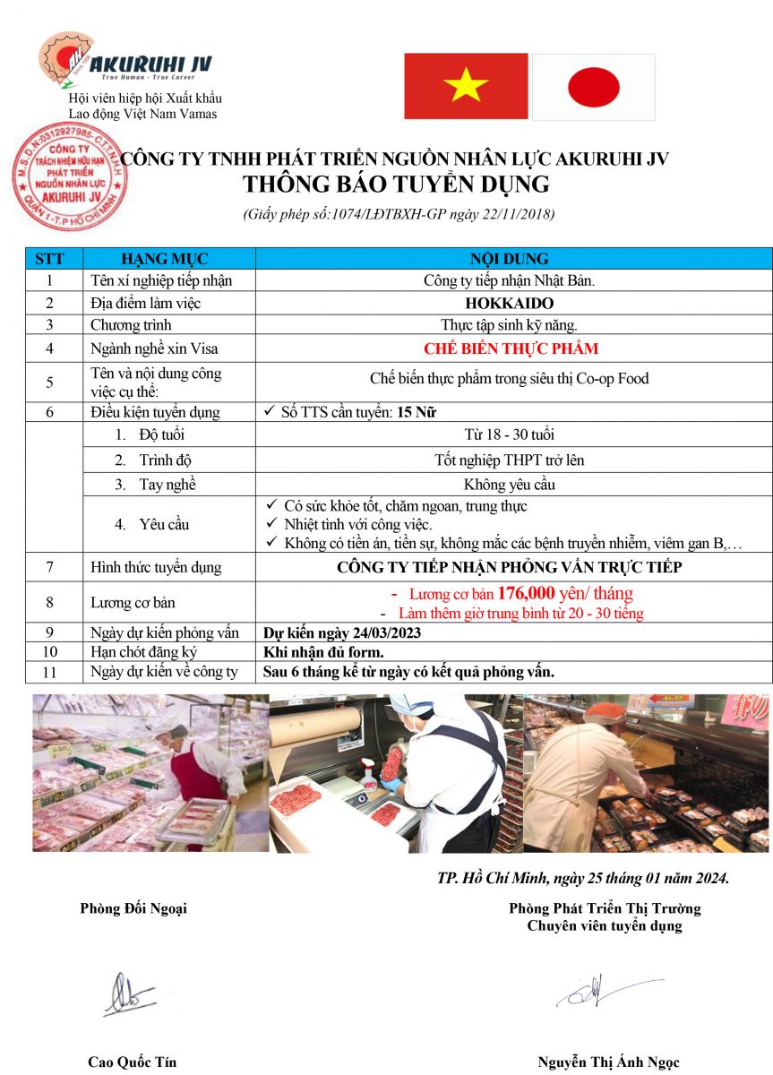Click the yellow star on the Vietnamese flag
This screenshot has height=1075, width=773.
pyautogui.click(x=466, y=86)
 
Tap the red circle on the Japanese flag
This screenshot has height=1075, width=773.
pyautogui.click(x=593, y=87)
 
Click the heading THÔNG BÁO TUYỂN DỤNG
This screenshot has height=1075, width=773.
pyautogui.click(x=396, y=185)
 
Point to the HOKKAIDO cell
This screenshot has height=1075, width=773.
pyautogui.click(x=509, y=303)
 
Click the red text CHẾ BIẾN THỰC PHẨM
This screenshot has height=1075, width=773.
pyautogui.click(x=511, y=348)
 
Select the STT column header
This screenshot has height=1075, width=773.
pyautogui.click(x=49, y=259)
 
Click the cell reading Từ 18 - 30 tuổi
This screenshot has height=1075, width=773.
pyautogui.click(x=509, y=434)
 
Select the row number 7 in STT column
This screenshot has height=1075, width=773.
pyautogui.click(x=50, y=567)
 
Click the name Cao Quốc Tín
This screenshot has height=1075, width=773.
pyautogui.click(x=132, y=1062)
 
